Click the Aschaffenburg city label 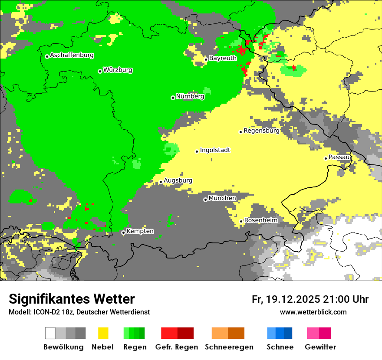[x=72, y=56]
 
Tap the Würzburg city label [x=118, y=70]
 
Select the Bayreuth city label [x=223, y=58]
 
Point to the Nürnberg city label [x=190, y=97]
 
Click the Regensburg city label [x=261, y=131]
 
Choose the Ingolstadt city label [x=215, y=151]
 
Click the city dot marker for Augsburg [x=161, y=182]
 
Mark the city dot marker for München [x=205, y=200]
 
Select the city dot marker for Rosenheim [x=241, y=221]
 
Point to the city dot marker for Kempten [x=123, y=232]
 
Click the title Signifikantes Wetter [x=72, y=299]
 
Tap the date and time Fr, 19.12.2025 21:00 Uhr [x=310, y=299]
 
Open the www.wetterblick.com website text [x=313, y=312]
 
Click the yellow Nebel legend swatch [x=103, y=333]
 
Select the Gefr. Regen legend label [x=177, y=347]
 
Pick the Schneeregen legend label [x=229, y=347]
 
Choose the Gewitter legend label [x=320, y=347]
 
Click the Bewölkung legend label [x=63, y=347]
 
